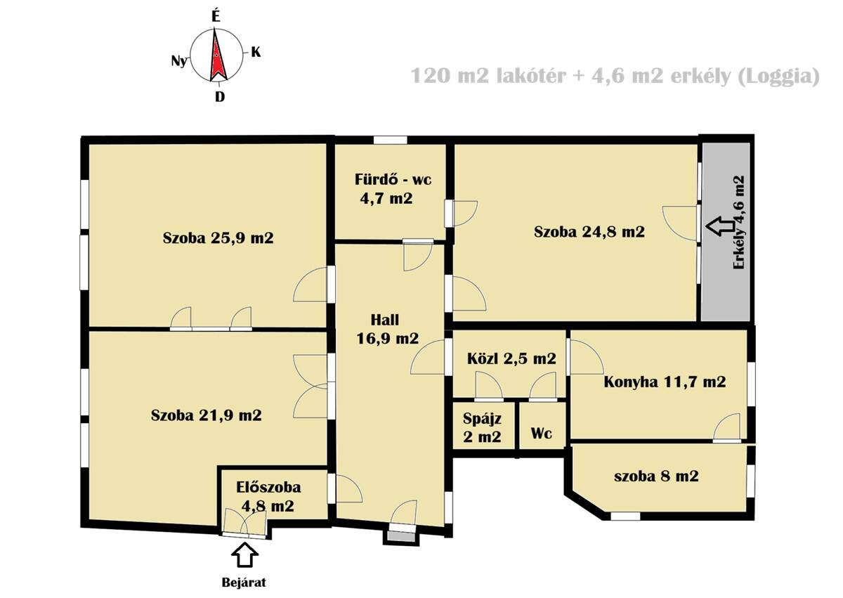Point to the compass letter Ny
tap(179, 60)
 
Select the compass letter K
tap(256, 52)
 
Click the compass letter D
tap(220, 97)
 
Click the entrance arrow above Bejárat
tap(244, 555)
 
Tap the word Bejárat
tap(244, 583)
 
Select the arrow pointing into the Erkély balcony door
tap(720, 226)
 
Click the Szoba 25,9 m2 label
tap(218, 238)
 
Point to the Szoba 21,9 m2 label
tap(207, 415)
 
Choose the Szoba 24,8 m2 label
tap(589, 231)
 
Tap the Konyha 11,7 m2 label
tap(665, 382)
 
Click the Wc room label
tap(542, 433)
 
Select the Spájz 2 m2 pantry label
tap(482, 427)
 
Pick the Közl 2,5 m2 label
tap(511, 358)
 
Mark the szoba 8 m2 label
tap(656, 476)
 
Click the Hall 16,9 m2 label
tap(387, 330)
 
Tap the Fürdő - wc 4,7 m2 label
tap(393, 189)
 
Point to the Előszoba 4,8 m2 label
tap(268, 497)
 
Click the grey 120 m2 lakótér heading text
tap(488, 76)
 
